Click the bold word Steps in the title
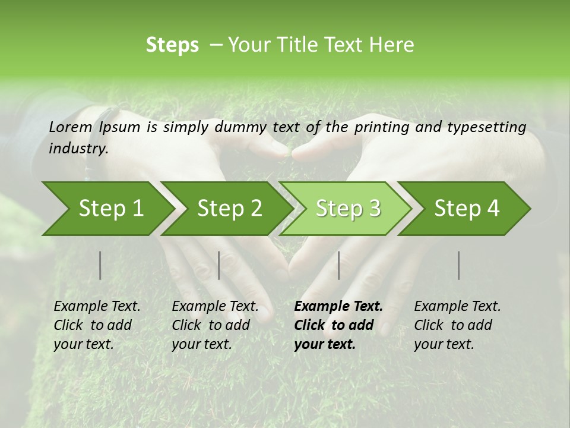tap(172, 45)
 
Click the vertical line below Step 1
tap(100, 265)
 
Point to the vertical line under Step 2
tap(219, 265)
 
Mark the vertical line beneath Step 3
tap(339, 265)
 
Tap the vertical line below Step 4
tap(459, 265)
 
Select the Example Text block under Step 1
tap(97, 325)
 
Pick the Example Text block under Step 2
tap(215, 325)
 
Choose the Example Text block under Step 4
tap(457, 325)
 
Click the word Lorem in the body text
tap(71, 127)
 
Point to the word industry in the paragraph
tap(78, 149)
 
